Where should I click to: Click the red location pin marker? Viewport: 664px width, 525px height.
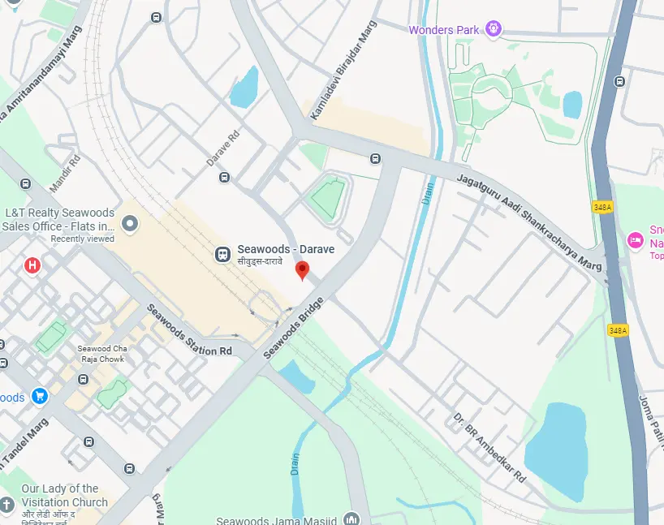click(303, 270)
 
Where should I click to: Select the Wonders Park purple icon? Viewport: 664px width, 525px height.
click(493, 30)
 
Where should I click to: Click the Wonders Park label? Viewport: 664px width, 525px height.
click(443, 30)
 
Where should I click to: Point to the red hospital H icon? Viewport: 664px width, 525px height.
click(32, 265)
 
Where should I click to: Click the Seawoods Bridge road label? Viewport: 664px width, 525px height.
click(294, 329)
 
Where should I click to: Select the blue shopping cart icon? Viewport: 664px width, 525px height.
click(40, 397)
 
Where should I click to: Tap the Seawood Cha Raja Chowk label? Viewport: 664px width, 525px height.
click(100, 354)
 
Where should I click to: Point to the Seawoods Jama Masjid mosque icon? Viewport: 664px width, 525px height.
click(351, 519)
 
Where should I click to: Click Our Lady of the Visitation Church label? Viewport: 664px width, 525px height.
click(64, 495)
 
